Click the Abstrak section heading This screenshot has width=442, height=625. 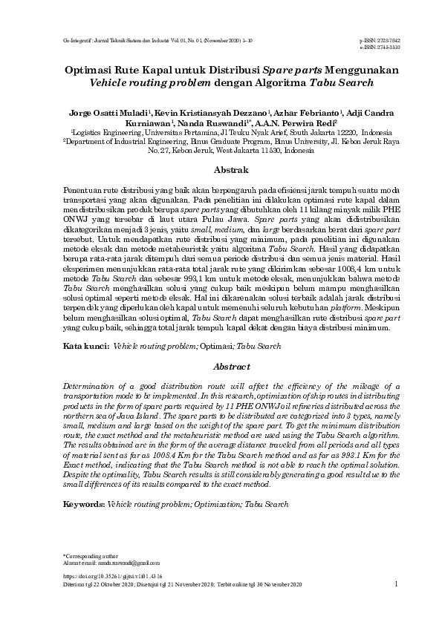[x=221, y=170]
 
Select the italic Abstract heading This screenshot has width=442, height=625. [x=221, y=367]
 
